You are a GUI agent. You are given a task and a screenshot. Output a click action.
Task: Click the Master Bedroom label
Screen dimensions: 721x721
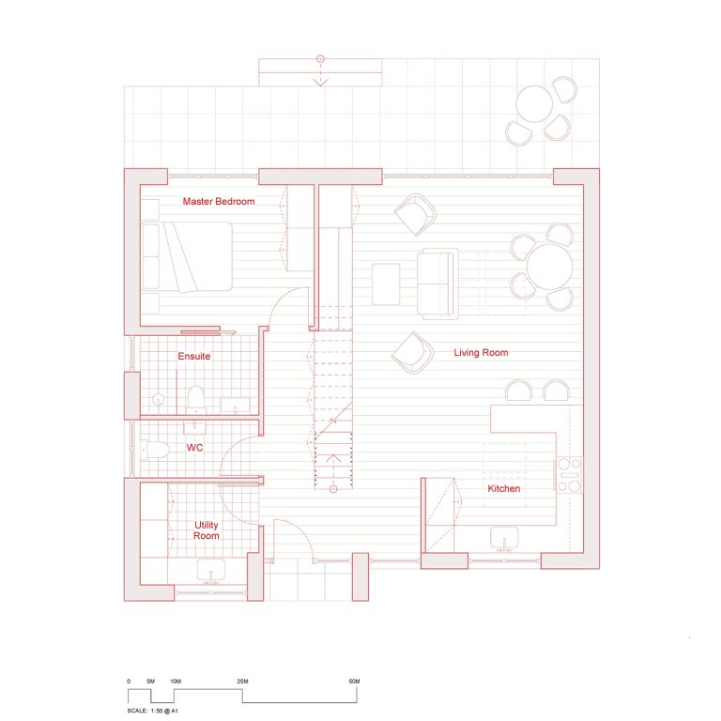point(218,202)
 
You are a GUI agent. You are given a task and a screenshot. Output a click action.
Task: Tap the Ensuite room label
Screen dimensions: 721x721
point(194,357)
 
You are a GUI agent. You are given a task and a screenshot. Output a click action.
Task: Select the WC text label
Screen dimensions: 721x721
point(194,448)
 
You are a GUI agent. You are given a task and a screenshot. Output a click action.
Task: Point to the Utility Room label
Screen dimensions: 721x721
point(207,530)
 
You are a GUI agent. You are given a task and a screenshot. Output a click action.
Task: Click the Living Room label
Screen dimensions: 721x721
point(481,353)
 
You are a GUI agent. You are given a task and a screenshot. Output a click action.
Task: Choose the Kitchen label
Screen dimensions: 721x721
point(503,488)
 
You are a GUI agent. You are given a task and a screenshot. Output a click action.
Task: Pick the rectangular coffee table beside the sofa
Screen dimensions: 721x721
point(386,284)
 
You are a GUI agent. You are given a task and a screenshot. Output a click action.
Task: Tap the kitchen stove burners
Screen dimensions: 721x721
point(569,475)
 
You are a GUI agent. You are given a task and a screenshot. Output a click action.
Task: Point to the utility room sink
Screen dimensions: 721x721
point(210,569)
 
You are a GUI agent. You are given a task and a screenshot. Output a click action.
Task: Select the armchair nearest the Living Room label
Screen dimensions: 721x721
point(411,351)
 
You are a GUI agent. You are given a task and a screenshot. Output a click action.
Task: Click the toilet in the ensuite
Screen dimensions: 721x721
point(195,399)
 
